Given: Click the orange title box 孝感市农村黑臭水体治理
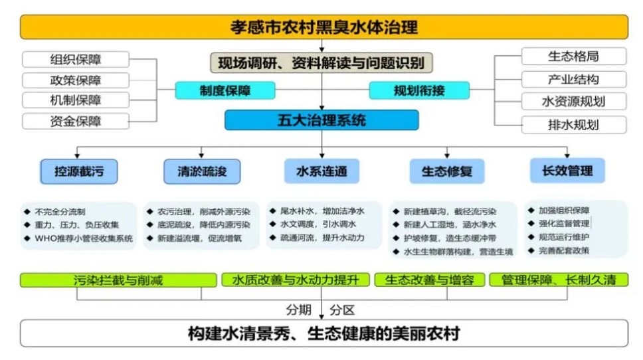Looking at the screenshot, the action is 324,27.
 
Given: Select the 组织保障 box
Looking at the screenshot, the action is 76,60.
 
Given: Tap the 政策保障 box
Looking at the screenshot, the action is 76,80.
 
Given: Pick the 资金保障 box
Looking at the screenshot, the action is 76,122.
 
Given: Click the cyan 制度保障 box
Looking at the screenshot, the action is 225,90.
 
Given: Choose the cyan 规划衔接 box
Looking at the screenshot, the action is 419,90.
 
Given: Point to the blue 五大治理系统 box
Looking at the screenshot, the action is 321,120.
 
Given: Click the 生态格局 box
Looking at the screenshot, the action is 574,56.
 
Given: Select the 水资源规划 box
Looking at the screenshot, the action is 574,101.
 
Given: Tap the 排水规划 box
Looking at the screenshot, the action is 574,125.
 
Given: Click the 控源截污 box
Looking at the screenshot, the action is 79,171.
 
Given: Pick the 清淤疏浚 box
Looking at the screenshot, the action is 202,171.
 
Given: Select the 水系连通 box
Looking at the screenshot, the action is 322,171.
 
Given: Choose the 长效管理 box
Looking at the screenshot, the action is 567,171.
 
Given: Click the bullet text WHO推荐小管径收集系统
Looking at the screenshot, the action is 84,238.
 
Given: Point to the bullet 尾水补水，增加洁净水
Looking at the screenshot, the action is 322,211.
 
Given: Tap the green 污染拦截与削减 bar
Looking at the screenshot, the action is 118,280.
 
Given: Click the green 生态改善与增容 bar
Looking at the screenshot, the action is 429,280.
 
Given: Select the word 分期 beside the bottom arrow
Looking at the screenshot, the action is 298,310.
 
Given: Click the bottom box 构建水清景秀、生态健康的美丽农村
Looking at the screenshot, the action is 324,333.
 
